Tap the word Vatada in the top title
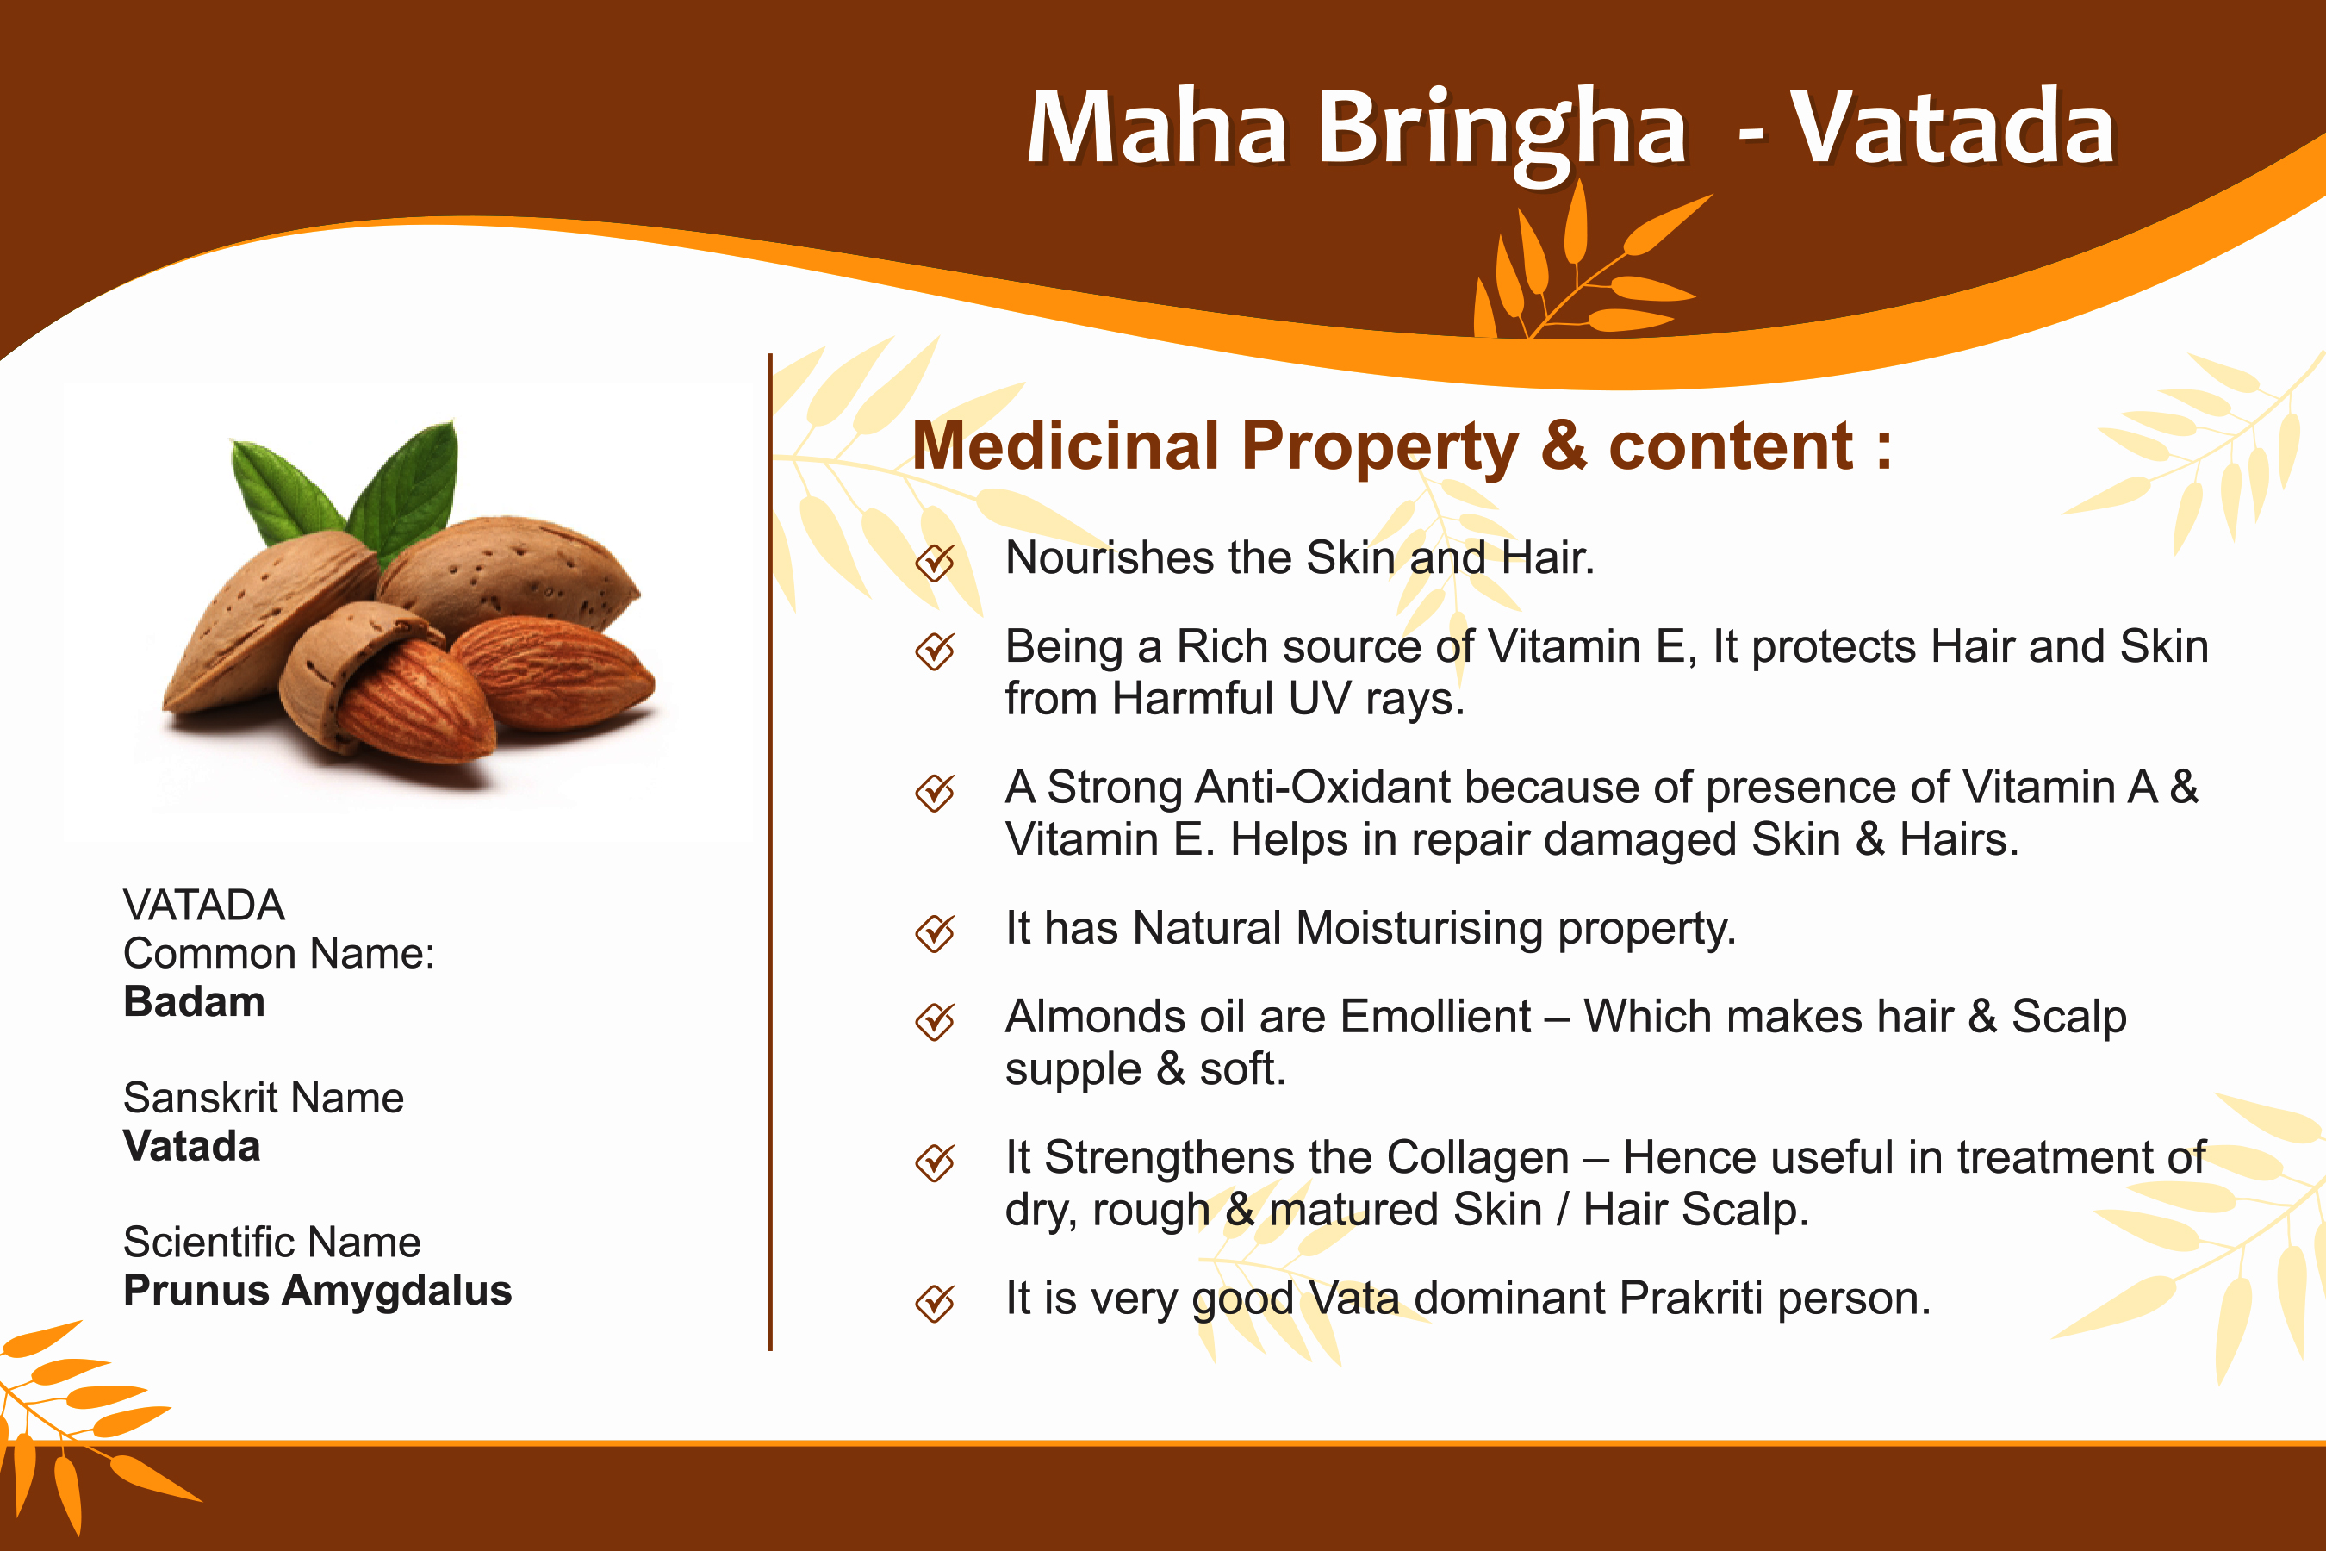[x=1952, y=127]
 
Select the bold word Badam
[x=194, y=1002]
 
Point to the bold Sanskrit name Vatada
[x=192, y=1146]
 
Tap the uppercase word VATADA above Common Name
[x=203, y=905]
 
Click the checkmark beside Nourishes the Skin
[x=935, y=562]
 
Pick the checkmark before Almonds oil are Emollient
[x=935, y=1021]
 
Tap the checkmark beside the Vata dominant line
[x=935, y=1303]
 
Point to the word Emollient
[x=1436, y=1017]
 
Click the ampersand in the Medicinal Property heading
[x=1564, y=446]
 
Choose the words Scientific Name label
[x=272, y=1243]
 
